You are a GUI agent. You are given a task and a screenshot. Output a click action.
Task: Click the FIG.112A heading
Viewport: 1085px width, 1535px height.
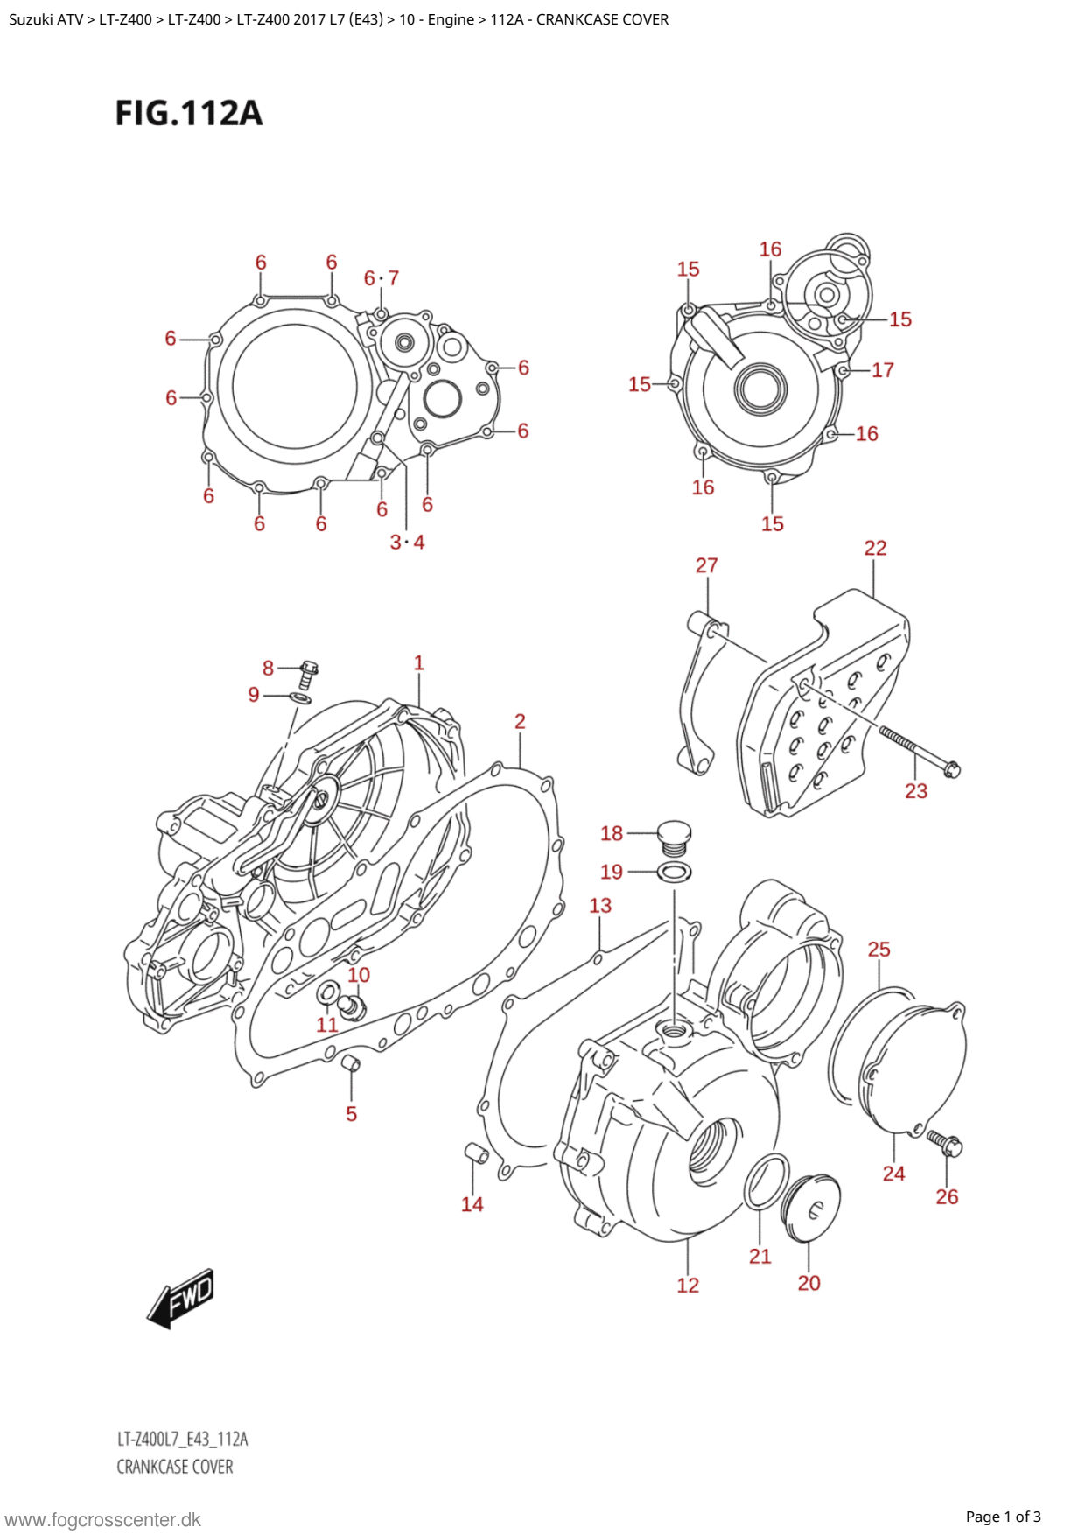tap(189, 114)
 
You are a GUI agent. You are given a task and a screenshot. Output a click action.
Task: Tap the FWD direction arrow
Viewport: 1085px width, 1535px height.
tap(182, 1297)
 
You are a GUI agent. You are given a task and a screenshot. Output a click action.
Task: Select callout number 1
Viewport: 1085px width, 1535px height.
tap(419, 663)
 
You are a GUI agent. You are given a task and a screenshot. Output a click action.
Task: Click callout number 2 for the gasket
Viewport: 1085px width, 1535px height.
tap(520, 721)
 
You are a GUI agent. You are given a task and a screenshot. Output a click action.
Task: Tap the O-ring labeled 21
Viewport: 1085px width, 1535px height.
tap(766, 1181)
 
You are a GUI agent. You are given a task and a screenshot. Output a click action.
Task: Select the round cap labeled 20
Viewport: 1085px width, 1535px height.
tap(810, 1207)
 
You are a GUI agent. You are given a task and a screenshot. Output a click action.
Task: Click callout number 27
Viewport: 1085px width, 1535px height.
tap(706, 565)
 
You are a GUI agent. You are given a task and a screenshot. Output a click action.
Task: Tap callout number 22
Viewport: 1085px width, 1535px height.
tap(875, 548)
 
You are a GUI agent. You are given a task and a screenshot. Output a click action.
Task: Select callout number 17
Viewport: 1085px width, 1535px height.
tap(882, 370)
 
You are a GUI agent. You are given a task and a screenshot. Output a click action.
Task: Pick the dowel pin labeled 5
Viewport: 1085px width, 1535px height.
tap(351, 1064)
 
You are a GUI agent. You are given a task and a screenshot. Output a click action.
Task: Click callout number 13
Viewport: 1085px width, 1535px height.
tap(600, 905)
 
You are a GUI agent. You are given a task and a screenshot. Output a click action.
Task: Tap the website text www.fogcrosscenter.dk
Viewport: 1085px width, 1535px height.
tap(103, 1519)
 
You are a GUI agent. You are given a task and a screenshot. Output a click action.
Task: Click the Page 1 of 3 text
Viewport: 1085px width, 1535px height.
tap(1003, 1517)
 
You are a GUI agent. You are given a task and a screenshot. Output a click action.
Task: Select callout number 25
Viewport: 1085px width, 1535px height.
tap(878, 949)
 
